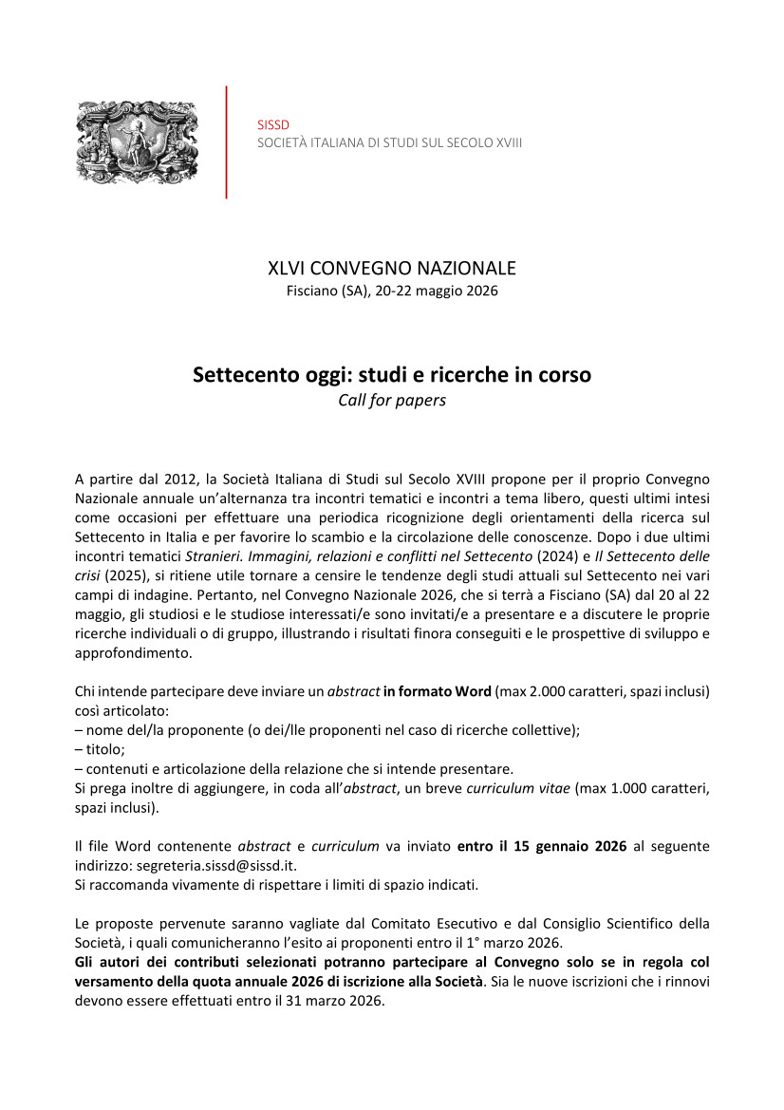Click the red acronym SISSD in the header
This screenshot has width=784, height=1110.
[273, 124]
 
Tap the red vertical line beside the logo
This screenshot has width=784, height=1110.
[226, 142]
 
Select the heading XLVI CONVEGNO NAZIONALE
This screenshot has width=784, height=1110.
[391, 269]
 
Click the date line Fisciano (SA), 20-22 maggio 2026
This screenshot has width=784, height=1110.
[391, 291]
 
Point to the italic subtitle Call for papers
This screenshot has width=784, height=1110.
[391, 400]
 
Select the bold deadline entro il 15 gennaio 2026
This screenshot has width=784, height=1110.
[542, 846]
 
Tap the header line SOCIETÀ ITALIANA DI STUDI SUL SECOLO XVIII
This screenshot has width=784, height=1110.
[389, 142]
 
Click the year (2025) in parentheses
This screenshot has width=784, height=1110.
[126, 575]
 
